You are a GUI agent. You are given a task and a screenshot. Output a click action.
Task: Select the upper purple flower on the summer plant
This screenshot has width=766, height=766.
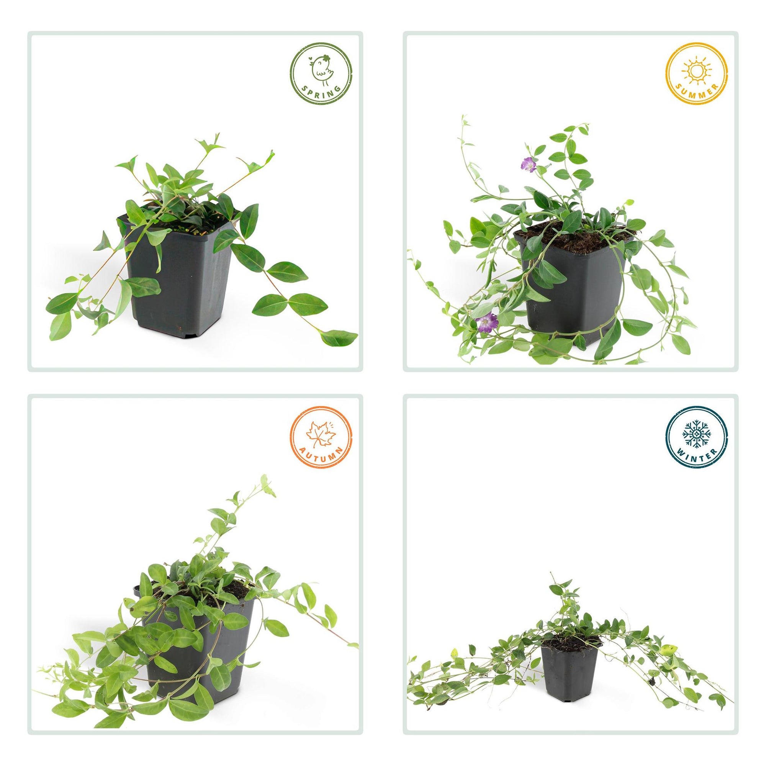tap(528, 162)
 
